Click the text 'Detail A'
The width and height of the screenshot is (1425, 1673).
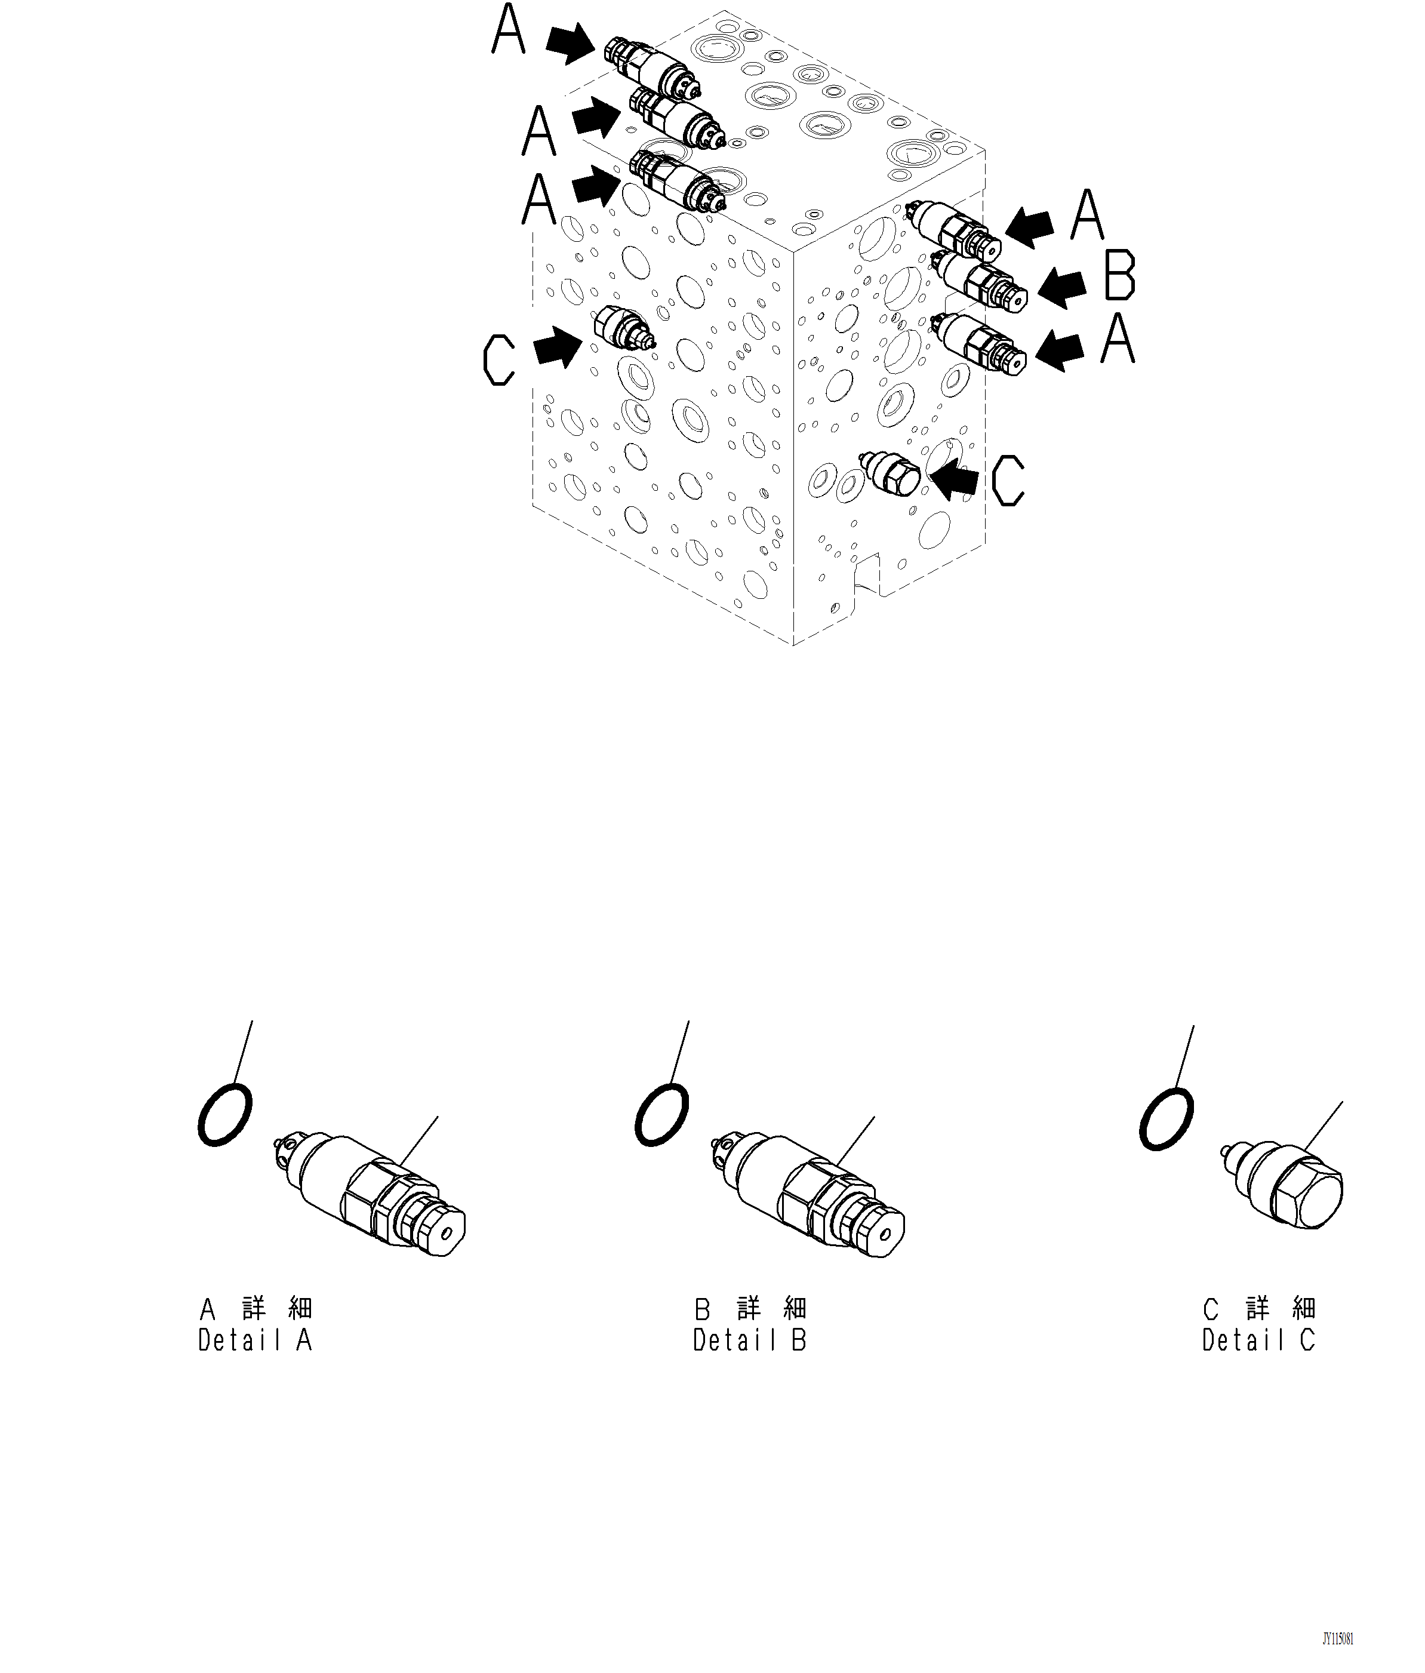pos(254,1341)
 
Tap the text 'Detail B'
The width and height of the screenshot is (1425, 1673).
pos(749,1341)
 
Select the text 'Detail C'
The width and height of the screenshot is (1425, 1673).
pos(1258,1341)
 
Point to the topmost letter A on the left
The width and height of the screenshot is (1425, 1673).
pos(509,29)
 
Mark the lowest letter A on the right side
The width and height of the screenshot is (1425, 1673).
pos(1118,339)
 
